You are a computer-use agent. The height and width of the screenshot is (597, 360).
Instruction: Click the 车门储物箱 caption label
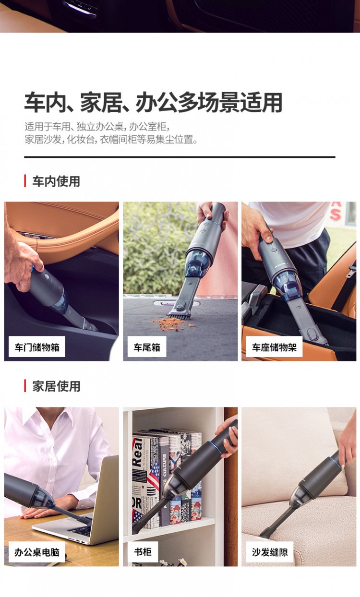pyautogui.click(x=37, y=346)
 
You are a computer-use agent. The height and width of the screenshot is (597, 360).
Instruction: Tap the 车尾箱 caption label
pyautogui.click(x=147, y=346)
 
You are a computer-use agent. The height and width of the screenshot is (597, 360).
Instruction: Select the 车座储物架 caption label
pyautogui.click(x=274, y=346)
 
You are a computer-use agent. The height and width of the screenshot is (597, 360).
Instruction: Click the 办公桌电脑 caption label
pyautogui.click(x=37, y=552)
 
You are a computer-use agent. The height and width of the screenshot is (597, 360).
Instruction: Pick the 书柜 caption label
pyautogui.click(x=143, y=552)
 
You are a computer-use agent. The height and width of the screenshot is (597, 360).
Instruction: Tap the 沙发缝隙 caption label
pyautogui.click(x=270, y=552)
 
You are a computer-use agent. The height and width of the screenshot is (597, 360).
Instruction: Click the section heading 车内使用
pyautogui.click(x=56, y=181)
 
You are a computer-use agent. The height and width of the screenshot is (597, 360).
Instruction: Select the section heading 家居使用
pyautogui.click(x=56, y=386)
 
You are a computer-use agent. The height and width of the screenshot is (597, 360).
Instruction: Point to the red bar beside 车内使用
pyautogui.click(x=25, y=181)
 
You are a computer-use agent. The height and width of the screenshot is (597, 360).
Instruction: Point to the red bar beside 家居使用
pyautogui.click(x=25, y=386)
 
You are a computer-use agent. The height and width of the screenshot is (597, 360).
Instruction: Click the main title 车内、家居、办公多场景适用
pyautogui.click(x=153, y=102)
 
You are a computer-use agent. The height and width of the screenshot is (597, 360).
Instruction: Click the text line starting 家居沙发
pyautogui.click(x=111, y=139)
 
